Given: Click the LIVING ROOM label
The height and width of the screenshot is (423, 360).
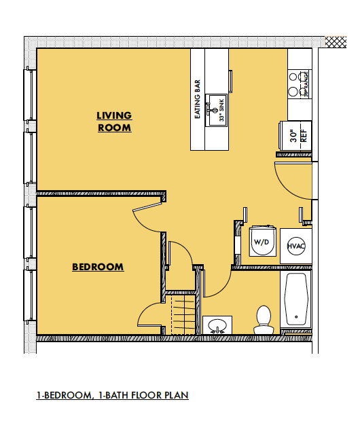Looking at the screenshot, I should click(113, 122).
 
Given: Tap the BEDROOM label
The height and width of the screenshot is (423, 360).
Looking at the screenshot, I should click(98, 267).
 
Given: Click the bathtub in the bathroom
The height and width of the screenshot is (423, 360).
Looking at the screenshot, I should click(297, 299).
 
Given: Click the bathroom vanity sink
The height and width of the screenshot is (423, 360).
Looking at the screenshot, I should click(217, 325).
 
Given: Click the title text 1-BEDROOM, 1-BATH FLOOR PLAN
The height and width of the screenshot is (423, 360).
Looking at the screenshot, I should click(112, 394).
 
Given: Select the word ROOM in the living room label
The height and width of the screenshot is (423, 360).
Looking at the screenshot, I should click(113, 128).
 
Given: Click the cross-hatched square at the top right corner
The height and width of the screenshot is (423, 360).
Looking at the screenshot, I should click(336, 41).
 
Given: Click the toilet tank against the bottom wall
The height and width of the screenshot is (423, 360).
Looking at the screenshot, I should click(263, 330).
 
